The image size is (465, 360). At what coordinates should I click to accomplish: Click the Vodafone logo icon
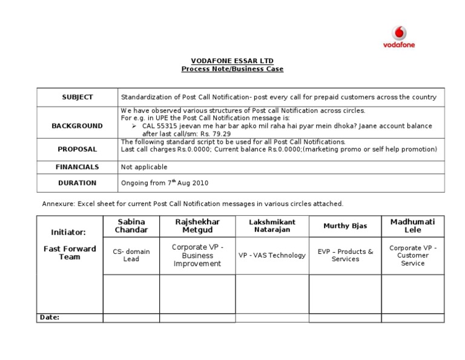[398, 32]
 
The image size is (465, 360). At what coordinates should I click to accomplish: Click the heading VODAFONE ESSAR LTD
[232, 61]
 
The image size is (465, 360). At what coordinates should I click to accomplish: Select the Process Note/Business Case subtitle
[232, 69]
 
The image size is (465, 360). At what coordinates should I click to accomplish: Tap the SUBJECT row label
[77, 97]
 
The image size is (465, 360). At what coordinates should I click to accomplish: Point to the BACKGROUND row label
[77, 125]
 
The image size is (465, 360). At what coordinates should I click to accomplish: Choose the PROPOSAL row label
[77, 149]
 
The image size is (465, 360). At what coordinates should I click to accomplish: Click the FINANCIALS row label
[77, 167]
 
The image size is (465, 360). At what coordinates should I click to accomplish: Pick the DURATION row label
[77, 182]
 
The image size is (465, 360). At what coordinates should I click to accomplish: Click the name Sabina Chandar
[131, 226]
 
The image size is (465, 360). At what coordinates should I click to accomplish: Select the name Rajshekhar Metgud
[197, 226]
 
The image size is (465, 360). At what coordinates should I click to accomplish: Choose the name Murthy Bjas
[345, 226]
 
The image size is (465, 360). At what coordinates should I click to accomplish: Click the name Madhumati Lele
[412, 226]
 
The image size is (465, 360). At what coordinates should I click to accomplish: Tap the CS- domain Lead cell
[131, 255]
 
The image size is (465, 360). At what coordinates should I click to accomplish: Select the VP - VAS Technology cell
[272, 255]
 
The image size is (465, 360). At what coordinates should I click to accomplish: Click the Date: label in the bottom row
[50, 317]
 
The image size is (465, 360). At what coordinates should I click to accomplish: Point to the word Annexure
[58, 204]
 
